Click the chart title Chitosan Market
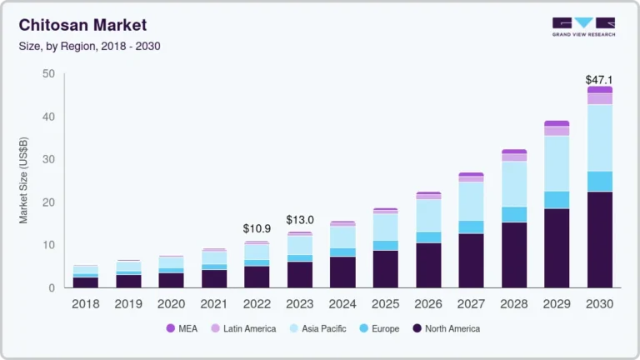(82, 26)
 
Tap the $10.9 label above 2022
(257, 228)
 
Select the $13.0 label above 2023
(300, 220)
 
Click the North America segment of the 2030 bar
(600, 240)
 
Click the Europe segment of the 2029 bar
(557, 199)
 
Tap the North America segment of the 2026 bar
(428, 265)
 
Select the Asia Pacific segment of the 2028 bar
(514, 183)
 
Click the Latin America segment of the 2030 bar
(600, 98)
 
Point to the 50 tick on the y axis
(48, 74)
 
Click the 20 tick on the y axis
(48, 202)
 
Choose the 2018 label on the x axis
(86, 304)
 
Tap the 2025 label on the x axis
(385, 304)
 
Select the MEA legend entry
(184, 328)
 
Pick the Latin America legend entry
(243, 328)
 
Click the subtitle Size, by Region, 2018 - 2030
(89, 46)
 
